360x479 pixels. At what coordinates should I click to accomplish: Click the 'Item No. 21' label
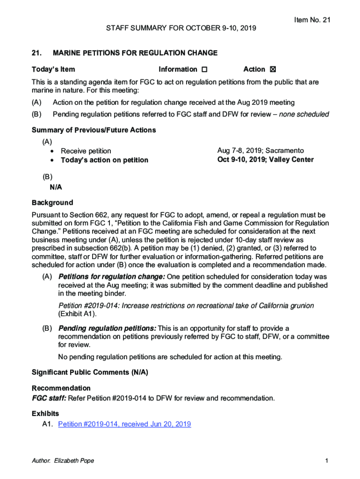point(312,20)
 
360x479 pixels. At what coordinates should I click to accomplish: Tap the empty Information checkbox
point(204,70)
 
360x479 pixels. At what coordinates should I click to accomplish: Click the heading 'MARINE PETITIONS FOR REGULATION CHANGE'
point(135,53)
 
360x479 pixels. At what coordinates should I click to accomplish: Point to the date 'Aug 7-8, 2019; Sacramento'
point(260,151)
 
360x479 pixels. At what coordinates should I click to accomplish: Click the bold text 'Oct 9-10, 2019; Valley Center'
point(265,160)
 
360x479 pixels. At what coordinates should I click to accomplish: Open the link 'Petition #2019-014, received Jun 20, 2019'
point(124,424)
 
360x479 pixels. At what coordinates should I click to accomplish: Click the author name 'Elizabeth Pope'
point(74,461)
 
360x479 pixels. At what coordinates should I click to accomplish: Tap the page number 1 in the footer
point(327,461)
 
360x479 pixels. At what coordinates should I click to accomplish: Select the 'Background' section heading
point(52,203)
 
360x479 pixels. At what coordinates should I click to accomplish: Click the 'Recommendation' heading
point(61,388)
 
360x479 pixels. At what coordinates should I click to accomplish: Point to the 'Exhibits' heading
point(45,414)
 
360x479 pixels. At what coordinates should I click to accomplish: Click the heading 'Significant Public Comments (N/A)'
point(90,373)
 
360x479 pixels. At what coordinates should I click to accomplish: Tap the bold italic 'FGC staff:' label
point(49,399)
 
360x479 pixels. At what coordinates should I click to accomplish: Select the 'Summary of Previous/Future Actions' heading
point(94,130)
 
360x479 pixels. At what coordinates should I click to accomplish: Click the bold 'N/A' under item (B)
point(56,187)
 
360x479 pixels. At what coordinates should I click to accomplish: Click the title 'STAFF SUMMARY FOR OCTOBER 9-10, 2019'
point(181,29)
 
